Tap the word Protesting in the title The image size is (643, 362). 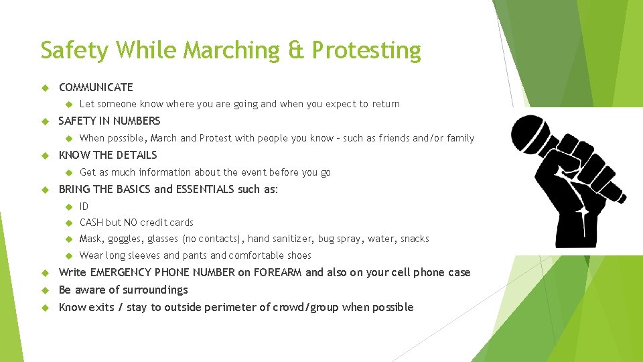[x=366, y=51]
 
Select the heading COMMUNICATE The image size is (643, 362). [x=96, y=87]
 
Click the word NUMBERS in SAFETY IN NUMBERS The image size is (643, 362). [x=137, y=121]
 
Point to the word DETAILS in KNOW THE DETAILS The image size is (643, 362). [x=136, y=156]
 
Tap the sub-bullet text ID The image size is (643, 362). [x=84, y=206]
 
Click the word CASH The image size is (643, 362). [x=91, y=223]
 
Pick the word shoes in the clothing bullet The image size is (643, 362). [x=298, y=255]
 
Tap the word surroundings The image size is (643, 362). [x=156, y=290]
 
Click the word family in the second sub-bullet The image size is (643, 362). [x=461, y=139]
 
